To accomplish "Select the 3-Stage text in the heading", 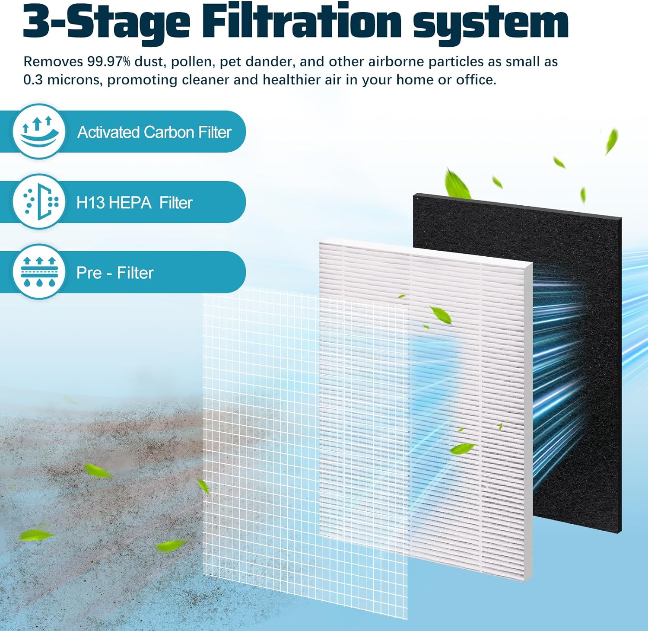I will pos(106,22).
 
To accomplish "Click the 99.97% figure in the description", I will pos(108,62).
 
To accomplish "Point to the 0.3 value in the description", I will pos(33,80).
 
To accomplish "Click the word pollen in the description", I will pos(191,62).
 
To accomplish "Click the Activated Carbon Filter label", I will pos(154,132).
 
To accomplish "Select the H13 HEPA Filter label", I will pos(134,203).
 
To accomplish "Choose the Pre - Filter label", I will pos(115,273).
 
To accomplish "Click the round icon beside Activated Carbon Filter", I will pos(39,131).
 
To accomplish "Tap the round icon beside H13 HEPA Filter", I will pos(39,202).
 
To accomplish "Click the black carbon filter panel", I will pos(575,367).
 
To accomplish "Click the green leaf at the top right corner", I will pos(611,140).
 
